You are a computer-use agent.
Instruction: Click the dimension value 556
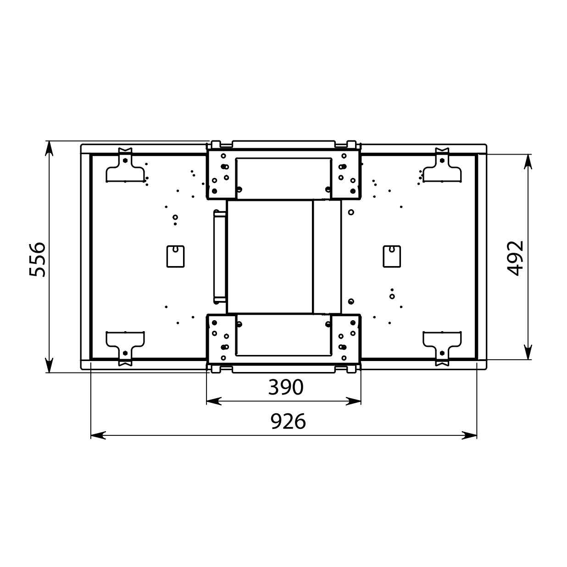[38, 260]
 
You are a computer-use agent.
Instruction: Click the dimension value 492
[516, 258]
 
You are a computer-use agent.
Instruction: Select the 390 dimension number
[285, 387]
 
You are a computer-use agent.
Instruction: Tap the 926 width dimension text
[288, 422]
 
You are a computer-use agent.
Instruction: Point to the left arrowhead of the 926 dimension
[98, 435]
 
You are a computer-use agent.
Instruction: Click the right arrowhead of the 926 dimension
[469, 435]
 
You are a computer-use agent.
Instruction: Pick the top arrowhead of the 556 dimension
[49, 148]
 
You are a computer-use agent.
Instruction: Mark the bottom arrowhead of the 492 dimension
[529, 352]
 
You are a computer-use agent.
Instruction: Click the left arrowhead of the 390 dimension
[214, 401]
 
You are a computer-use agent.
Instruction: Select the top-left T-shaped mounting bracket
[125, 166]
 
